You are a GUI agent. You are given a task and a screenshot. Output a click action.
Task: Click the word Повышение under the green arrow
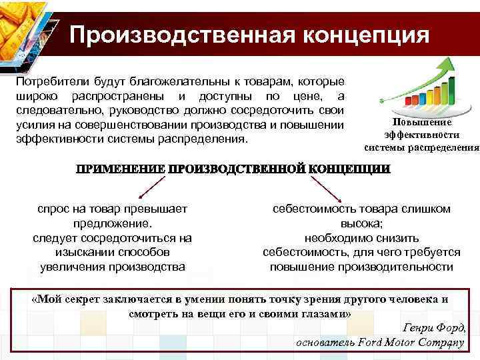[421, 123]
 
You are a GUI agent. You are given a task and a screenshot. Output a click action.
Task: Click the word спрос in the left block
[53, 209]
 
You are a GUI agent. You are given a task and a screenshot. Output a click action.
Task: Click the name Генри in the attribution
[419, 329]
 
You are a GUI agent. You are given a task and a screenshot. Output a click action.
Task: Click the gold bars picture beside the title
[25, 30]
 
